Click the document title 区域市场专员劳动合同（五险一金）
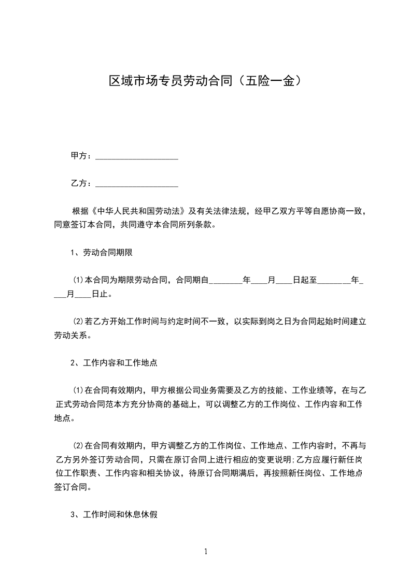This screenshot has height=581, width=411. [x=205, y=81]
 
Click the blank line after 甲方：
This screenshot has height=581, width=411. [x=137, y=156]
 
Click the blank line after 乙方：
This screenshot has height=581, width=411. [x=137, y=184]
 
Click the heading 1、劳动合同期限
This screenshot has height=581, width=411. [x=103, y=253]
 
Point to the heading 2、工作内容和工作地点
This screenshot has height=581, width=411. [x=114, y=363]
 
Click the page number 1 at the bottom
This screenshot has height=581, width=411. [x=206, y=551]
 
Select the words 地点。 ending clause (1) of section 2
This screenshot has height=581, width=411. [x=65, y=418]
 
